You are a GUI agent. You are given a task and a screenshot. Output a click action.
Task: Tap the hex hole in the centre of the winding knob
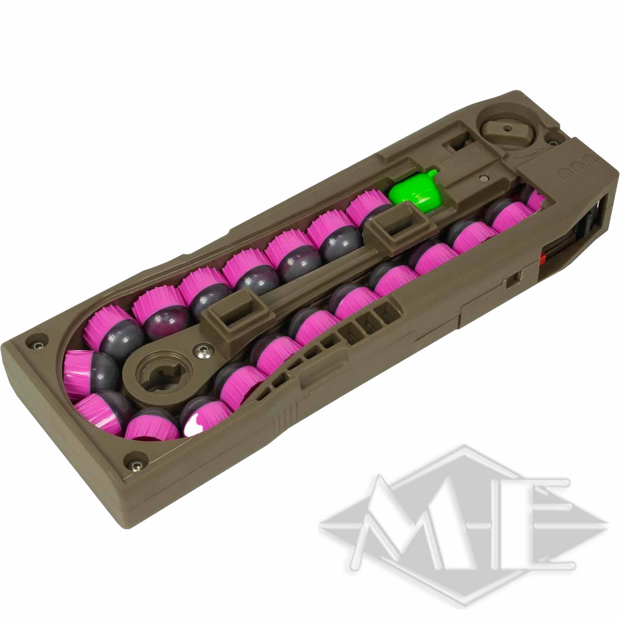507,128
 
